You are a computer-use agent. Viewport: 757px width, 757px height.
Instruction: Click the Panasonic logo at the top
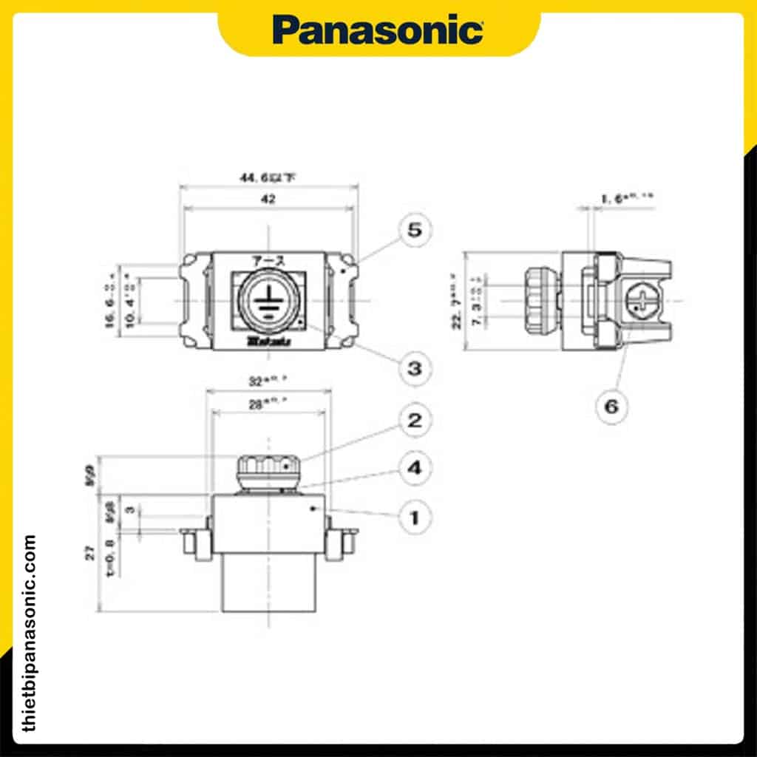(378, 30)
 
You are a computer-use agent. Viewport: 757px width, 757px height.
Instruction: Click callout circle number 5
(415, 230)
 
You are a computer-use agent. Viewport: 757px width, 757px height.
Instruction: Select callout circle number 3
(415, 367)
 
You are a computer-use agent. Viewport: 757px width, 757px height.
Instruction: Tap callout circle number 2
(415, 421)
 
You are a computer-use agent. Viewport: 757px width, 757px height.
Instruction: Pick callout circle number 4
(415, 468)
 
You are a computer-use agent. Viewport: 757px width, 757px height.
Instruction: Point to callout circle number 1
(415, 517)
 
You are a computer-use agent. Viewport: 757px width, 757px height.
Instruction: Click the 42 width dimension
(268, 200)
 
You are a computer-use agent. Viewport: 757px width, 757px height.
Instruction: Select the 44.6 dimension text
(268, 178)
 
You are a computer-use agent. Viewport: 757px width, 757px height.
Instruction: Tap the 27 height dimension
(90, 553)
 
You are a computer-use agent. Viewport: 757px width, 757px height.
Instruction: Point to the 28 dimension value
(268, 404)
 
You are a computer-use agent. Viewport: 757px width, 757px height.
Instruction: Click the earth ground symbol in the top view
(266, 301)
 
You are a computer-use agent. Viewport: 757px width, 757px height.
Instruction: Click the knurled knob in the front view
(268, 468)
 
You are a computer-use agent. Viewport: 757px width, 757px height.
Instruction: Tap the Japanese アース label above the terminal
(267, 260)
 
